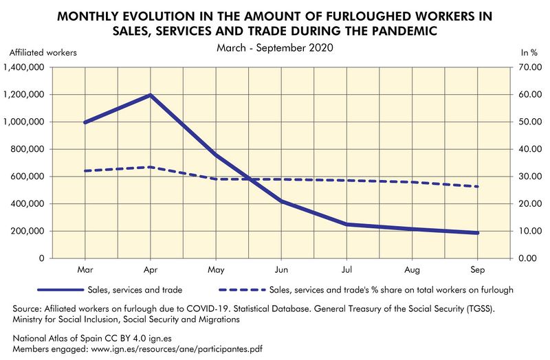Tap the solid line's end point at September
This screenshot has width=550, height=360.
click(x=477, y=233)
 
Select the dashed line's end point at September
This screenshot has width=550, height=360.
click(x=477, y=187)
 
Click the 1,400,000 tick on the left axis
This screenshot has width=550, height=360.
click(x=25, y=67)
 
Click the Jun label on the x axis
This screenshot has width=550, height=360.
click(x=281, y=270)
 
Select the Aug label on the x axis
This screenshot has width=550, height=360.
click(x=412, y=270)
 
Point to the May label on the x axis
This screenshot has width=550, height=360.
click(x=216, y=270)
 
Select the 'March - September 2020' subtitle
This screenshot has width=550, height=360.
click(x=274, y=49)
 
